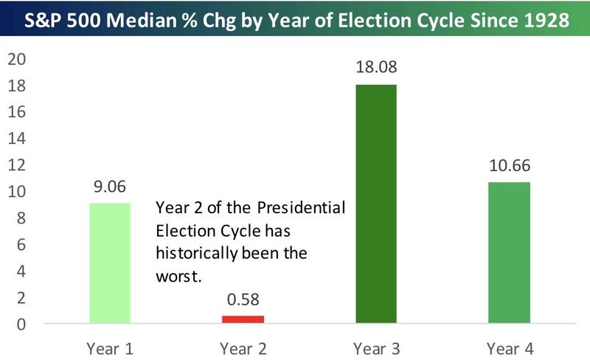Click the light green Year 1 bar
[109, 263]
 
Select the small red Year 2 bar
[243, 319]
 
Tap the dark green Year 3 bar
[376, 204]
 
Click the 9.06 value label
[109, 188]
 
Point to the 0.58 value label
[243, 301]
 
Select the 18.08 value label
[376, 69]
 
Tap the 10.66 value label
[510, 167]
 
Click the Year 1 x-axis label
[109, 345]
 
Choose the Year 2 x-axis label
[243, 345]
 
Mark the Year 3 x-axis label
[376, 345]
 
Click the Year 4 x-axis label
[510, 345]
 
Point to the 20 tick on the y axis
[16, 59]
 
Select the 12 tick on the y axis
[16, 165]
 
